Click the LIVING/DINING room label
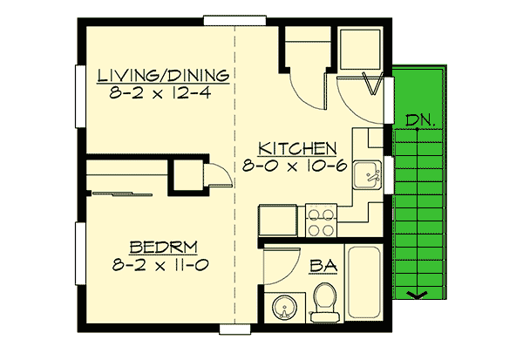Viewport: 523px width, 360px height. point(163,74)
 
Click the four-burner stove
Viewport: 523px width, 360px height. point(321,221)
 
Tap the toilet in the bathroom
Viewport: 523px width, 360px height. point(325,301)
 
